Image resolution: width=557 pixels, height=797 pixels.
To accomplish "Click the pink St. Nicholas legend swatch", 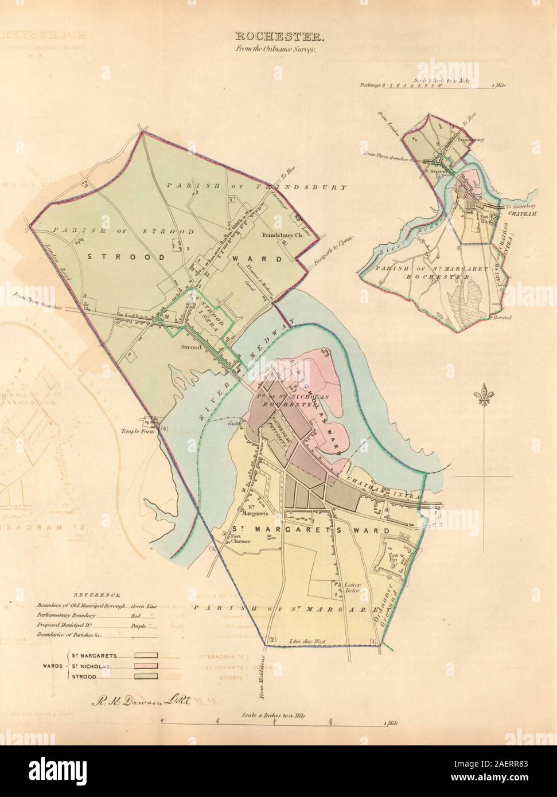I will coord(146,666).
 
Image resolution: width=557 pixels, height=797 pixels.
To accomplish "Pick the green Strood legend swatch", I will coord(146,677).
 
